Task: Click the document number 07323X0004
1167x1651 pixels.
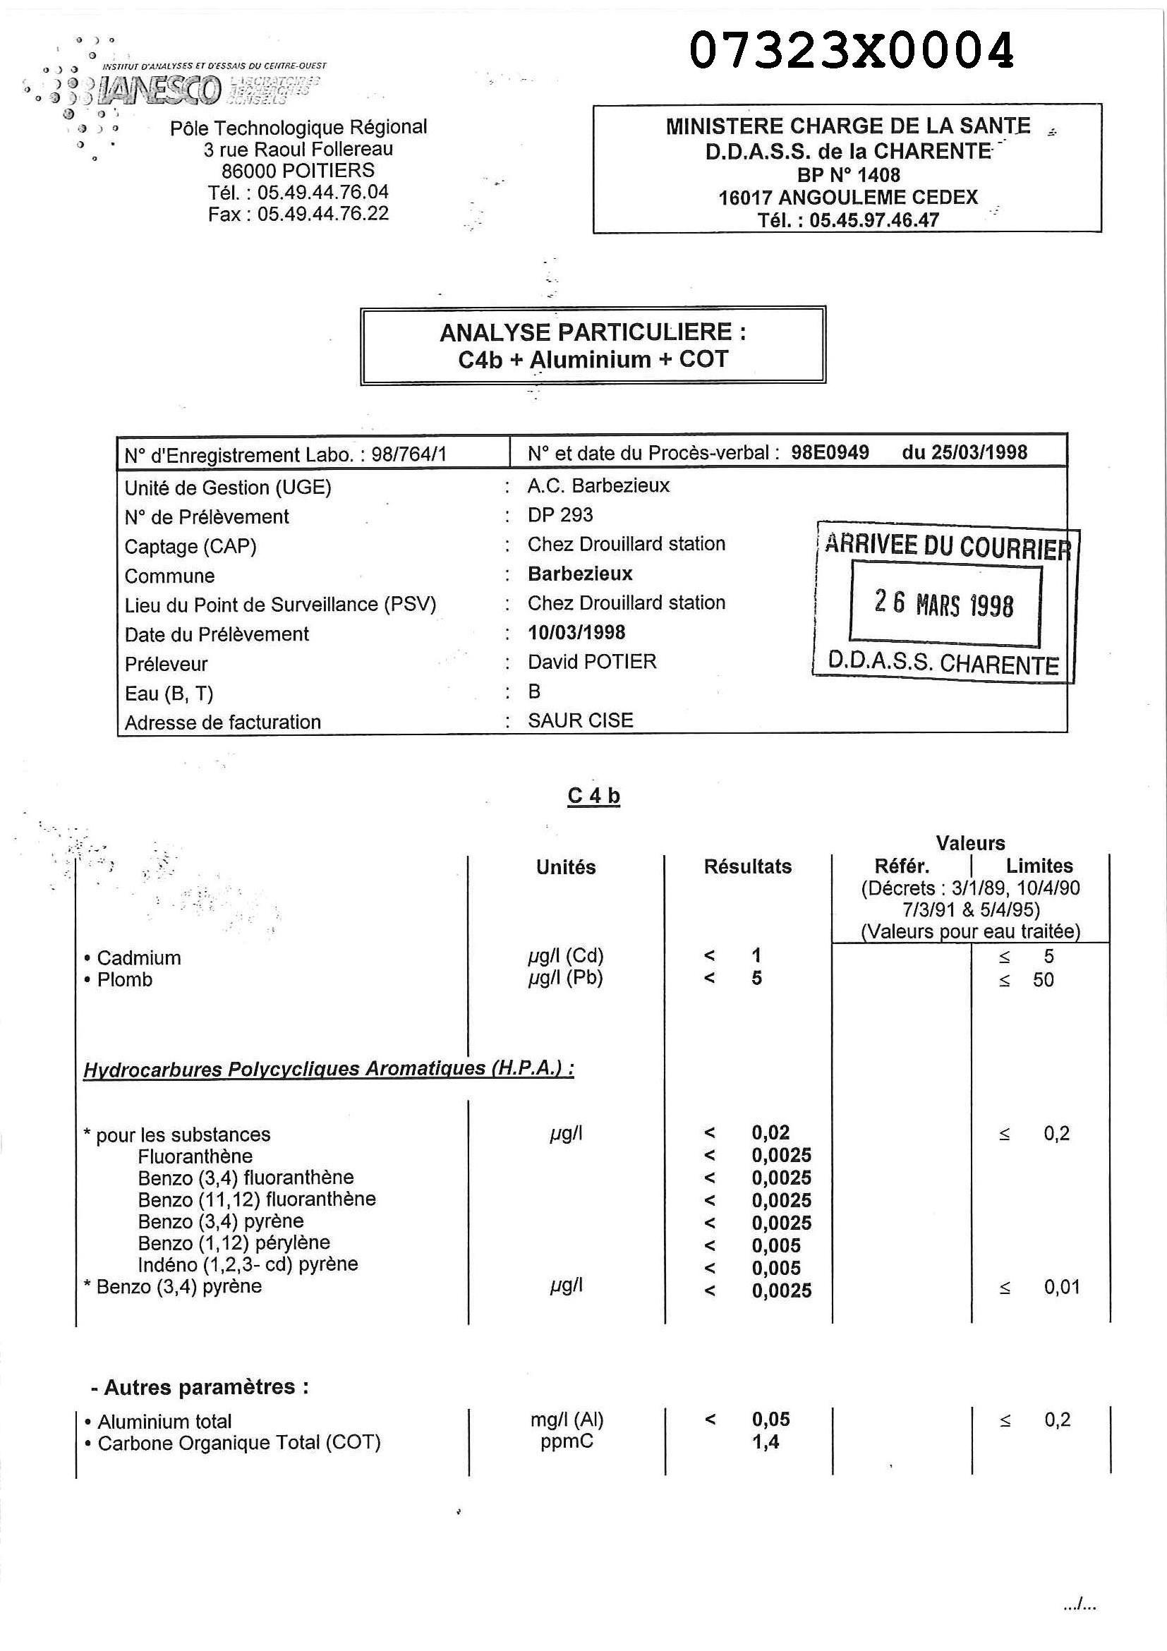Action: point(852,50)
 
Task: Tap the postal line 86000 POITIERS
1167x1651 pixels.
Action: point(298,171)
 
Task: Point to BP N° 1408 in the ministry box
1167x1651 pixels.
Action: point(848,175)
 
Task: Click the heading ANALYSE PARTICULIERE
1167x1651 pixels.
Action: point(593,332)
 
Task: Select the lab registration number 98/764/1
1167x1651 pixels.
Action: point(409,454)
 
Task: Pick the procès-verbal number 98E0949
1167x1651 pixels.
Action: point(830,452)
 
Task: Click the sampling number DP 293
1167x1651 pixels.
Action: point(560,515)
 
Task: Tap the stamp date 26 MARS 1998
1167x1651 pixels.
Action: point(944,604)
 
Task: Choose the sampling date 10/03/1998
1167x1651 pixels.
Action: point(576,632)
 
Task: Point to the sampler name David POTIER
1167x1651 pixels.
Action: point(592,662)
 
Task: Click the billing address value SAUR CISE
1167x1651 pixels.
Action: point(580,720)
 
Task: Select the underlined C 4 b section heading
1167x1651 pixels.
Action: point(593,796)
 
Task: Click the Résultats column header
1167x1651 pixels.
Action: point(747,866)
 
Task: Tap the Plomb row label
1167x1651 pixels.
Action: point(124,979)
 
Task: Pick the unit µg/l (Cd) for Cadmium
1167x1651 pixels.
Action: point(566,955)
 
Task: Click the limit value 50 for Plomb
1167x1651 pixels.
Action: point(1044,979)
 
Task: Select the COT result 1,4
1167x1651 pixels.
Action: point(765,1441)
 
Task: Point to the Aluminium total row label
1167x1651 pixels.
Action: point(164,1422)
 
